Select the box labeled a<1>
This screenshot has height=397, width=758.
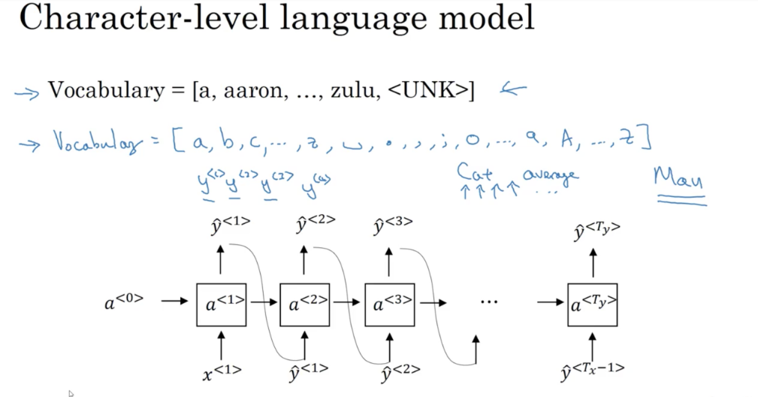point(221,305)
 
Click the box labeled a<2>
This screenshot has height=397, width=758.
point(304,305)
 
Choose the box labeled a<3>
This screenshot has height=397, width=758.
point(389,305)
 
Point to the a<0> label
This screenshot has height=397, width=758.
point(122,303)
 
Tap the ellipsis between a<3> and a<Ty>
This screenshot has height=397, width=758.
point(488,302)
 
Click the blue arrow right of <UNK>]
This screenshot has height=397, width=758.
point(513,90)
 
